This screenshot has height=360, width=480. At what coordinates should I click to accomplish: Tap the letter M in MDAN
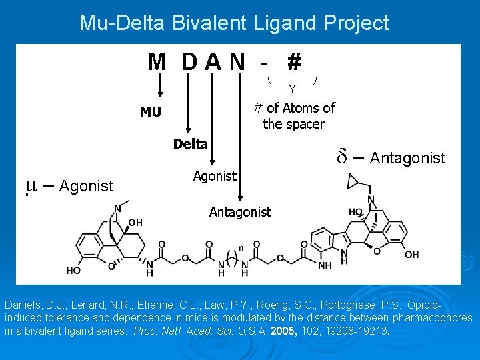157,63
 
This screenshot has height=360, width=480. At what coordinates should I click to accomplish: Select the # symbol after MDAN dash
293,63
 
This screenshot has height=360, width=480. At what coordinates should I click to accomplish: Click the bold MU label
151,112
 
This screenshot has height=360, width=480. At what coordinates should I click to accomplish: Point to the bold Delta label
191,144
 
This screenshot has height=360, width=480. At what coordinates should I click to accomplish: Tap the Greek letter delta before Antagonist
341,158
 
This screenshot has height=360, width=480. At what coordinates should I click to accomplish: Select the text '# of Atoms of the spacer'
294,116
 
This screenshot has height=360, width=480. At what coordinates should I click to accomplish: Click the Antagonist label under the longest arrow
240,212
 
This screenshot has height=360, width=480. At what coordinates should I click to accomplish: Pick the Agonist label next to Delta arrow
214,176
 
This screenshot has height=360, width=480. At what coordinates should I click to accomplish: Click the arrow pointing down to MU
160,85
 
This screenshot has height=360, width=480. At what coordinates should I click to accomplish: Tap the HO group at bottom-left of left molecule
73,270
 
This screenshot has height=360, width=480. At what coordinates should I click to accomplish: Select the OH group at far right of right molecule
411,255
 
